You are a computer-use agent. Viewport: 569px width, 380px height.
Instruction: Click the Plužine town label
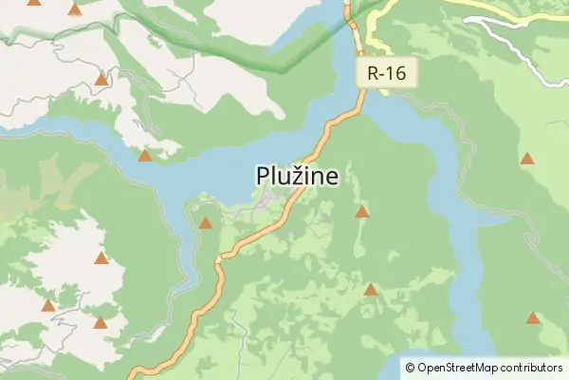click(x=297, y=176)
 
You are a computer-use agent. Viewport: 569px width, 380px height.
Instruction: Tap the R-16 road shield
click(x=387, y=72)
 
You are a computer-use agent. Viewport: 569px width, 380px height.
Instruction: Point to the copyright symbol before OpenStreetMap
click(x=409, y=368)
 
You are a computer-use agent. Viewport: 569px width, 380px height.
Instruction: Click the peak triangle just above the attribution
click(x=533, y=318)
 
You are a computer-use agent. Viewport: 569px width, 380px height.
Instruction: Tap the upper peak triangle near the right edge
click(x=526, y=159)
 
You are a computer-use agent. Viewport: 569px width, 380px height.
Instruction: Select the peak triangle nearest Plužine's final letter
click(x=361, y=212)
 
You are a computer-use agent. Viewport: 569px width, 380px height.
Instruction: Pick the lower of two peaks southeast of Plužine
click(x=370, y=290)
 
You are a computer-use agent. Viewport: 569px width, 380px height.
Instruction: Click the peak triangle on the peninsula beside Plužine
click(x=206, y=223)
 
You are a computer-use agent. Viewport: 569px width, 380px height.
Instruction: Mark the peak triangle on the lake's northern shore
click(x=145, y=156)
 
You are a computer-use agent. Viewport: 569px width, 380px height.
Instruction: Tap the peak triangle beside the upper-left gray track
click(x=101, y=80)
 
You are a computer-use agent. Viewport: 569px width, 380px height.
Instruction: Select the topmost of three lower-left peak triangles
click(x=101, y=258)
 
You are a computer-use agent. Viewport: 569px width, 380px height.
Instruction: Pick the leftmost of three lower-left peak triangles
click(x=48, y=306)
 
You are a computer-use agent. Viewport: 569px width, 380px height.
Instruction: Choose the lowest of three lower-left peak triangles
click(x=101, y=323)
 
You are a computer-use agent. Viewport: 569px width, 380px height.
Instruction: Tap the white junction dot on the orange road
click(x=218, y=258)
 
